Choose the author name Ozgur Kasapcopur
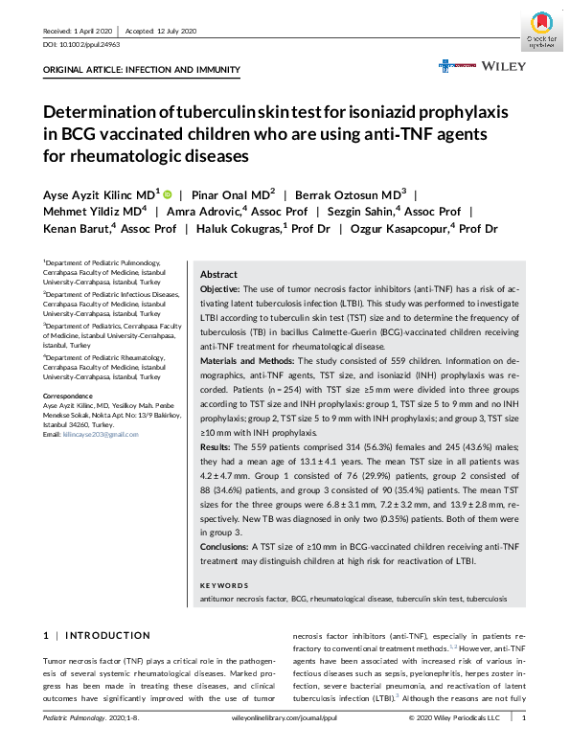401,230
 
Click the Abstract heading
218,273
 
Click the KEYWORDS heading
227,584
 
